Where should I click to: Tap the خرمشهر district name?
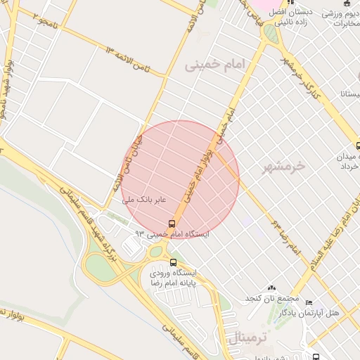[284, 167]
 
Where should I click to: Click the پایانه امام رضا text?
[172, 282]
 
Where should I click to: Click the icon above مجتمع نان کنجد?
[272, 288]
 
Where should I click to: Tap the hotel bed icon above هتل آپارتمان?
[309, 302]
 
